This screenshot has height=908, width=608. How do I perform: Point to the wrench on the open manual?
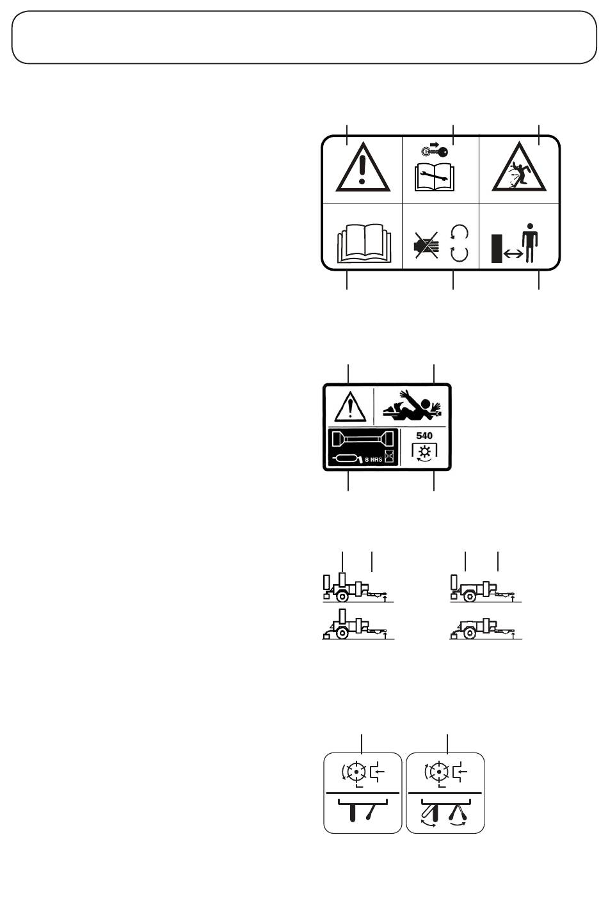(x=435, y=177)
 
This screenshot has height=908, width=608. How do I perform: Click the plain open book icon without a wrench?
(x=362, y=244)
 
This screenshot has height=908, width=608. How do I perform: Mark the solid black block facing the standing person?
(x=497, y=248)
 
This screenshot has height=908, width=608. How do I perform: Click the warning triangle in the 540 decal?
(x=350, y=406)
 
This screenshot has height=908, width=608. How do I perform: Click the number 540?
(x=424, y=436)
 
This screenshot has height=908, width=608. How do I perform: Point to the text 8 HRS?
(x=374, y=459)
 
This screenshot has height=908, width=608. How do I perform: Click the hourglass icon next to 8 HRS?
(x=388, y=456)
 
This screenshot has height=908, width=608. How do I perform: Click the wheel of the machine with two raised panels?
(x=342, y=597)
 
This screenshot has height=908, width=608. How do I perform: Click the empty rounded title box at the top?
(x=304, y=37)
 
